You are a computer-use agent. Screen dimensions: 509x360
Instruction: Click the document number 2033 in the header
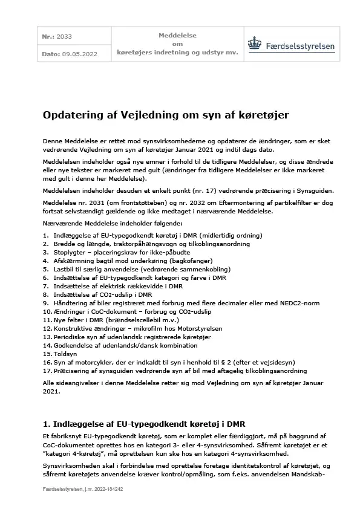[x=64, y=37]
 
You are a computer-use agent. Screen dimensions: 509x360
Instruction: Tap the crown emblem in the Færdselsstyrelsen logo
[x=255, y=45]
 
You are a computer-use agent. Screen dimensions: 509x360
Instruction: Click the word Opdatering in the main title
[x=70, y=114]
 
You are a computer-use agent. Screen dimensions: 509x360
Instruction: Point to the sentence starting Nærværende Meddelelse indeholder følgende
[x=110, y=223]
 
